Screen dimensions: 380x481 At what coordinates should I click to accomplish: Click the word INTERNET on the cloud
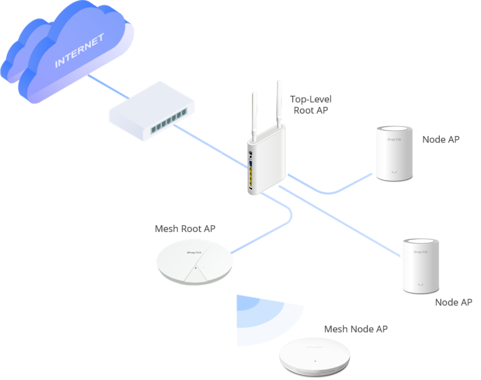click(79, 51)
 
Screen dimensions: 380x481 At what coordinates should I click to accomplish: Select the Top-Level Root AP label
click(310, 105)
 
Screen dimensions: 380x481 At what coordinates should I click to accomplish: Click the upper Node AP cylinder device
click(394, 154)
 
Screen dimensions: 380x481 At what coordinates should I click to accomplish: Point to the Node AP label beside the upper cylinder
click(441, 139)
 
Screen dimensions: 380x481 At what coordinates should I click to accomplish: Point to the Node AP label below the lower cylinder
click(454, 303)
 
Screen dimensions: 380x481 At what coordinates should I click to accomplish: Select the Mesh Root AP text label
click(185, 229)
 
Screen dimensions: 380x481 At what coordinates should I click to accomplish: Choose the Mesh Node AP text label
click(356, 329)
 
